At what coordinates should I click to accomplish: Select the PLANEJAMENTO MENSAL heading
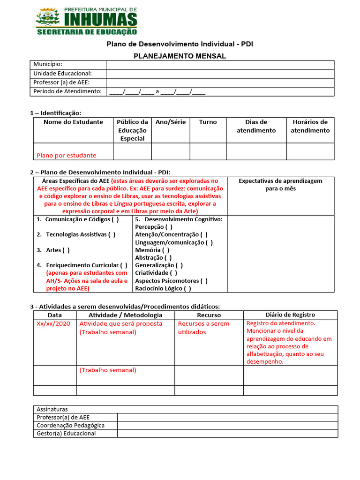[180, 56]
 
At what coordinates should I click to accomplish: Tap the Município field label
[48, 64]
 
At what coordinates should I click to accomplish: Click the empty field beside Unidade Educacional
[220, 74]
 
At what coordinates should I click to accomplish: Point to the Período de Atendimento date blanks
[157, 92]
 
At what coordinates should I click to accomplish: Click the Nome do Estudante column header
[73, 122]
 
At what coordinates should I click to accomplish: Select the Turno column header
[208, 122]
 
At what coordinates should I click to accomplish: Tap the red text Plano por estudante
[67, 155]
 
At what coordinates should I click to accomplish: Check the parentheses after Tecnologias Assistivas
[112, 234]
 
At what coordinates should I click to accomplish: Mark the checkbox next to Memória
[166, 250]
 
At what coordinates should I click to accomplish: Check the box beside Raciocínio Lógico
[187, 289]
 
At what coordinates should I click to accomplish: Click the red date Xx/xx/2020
[53, 324]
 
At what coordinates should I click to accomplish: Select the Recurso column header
[209, 315]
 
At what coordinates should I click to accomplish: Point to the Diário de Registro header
[290, 315]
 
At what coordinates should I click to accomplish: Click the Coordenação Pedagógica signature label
[71, 426]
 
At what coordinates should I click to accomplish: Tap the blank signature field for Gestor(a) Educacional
[227, 434]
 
